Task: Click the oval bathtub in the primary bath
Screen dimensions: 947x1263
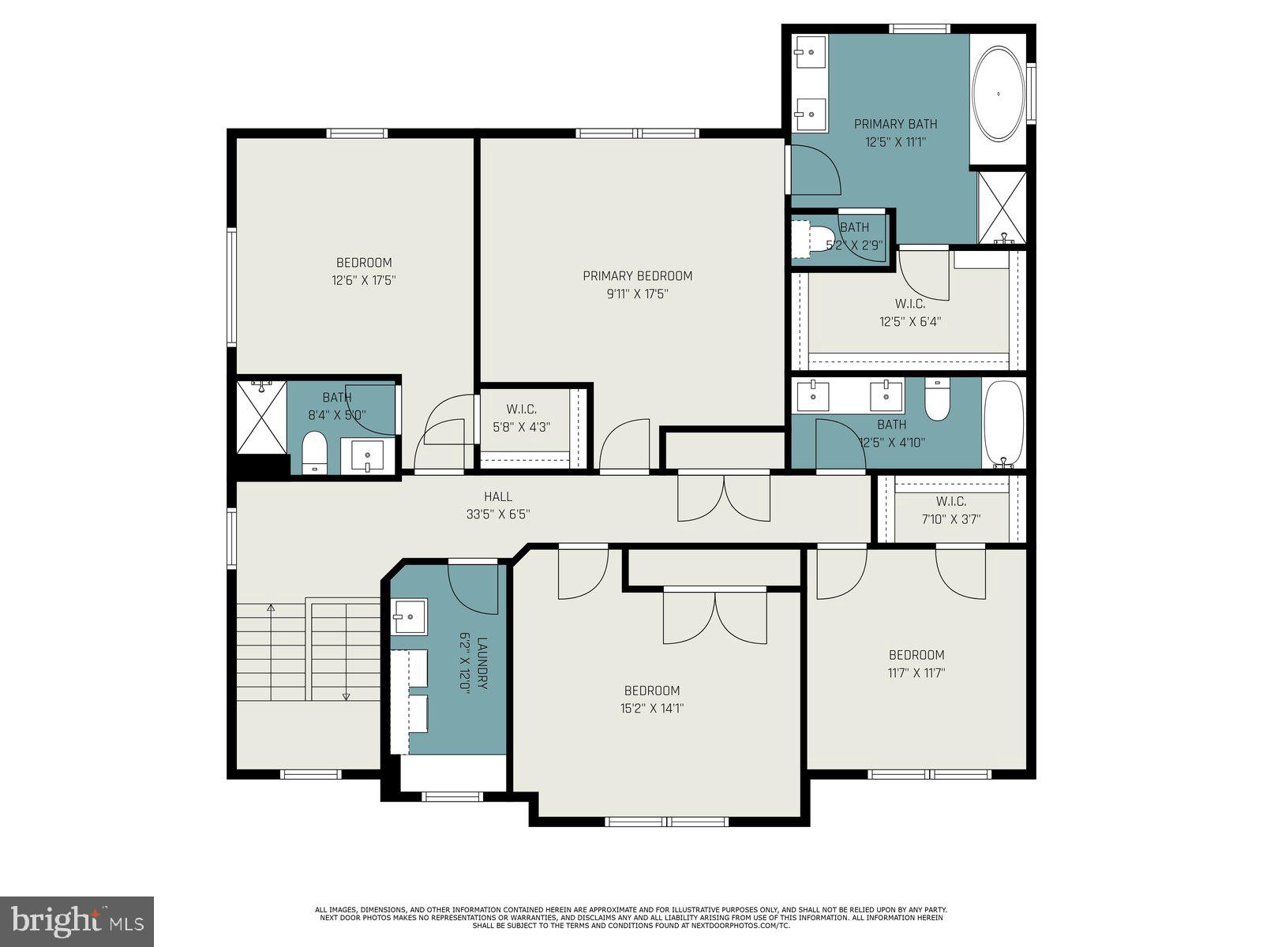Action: pyautogui.click(x=999, y=94)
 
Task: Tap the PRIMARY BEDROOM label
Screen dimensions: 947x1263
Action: pyautogui.click(x=637, y=275)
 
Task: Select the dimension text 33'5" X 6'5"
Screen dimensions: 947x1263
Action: pyautogui.click(x=497, y=515)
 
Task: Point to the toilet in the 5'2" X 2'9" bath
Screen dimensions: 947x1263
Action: pyautogui.click(x=802, y=238)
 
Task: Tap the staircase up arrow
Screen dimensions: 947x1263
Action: pyautogui.click(x=271, y=609)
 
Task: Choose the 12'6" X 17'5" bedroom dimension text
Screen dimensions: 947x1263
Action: pyautogui.click(x=363, y=280)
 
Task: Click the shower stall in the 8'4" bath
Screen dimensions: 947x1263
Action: pyautogui.click(x=261, y=417)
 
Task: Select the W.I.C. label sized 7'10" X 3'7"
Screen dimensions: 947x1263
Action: pyautogui.click(x=950, y=501)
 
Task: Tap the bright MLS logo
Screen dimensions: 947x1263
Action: pyautogui.click(x=77, y=921)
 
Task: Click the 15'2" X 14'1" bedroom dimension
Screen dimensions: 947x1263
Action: pyautogui.click(x=651, y=709)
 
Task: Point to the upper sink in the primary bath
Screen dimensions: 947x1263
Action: pyautogui.click(x=809, y=52)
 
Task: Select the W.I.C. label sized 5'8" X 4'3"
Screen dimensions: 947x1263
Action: pyautogui.click(x=521, y=409)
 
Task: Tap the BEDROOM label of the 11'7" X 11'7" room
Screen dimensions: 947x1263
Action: pyautogui.click(x=916, y=654)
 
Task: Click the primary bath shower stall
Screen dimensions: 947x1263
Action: pyautogui.click(x=1002, y=207)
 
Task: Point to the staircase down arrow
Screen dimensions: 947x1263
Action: pyautogui.click(x=346, y=694)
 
